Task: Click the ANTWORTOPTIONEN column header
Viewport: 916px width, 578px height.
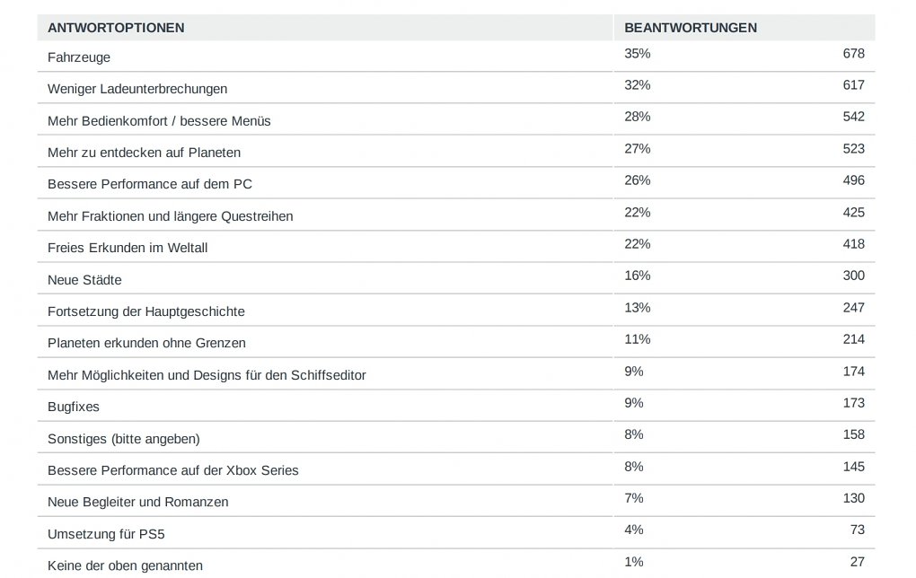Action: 116,28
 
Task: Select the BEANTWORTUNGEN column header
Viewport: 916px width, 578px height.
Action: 691,28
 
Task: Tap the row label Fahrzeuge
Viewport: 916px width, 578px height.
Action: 79,57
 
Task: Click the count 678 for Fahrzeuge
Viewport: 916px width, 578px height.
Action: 853,54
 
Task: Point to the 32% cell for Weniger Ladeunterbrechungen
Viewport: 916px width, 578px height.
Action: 638,85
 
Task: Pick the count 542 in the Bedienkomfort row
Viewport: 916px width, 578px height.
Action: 853,117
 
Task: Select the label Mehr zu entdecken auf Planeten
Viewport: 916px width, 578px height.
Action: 145,153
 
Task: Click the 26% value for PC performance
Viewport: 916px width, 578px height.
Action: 638,180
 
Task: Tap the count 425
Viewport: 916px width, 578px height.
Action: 853,213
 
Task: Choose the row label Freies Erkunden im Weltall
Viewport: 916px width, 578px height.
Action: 128,248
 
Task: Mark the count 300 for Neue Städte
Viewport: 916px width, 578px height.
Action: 853,276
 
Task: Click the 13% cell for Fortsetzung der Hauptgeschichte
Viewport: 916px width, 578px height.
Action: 638,308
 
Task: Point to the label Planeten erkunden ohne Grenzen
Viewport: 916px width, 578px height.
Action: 146,343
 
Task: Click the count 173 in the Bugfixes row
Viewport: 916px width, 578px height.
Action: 853,403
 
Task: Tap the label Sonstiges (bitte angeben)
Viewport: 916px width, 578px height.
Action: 124,439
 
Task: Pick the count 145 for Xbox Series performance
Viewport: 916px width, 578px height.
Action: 853,467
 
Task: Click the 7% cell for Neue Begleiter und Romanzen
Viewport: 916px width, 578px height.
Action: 634,498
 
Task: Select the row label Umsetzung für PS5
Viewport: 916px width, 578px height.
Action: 106,534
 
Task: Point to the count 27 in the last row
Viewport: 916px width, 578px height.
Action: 857,562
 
